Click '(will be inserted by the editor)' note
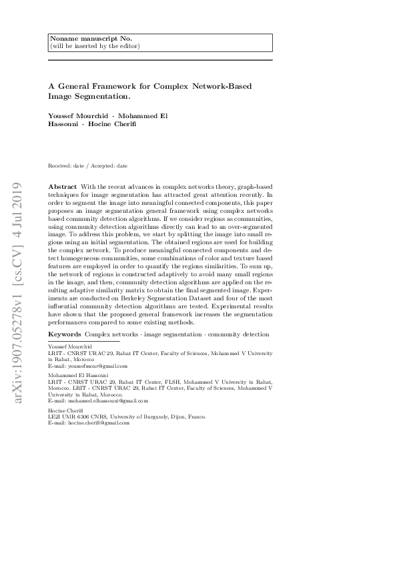click(94, 46)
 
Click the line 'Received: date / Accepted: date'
click(87, 166)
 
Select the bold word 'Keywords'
click(65, 333)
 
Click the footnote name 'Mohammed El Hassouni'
click(73, 376)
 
